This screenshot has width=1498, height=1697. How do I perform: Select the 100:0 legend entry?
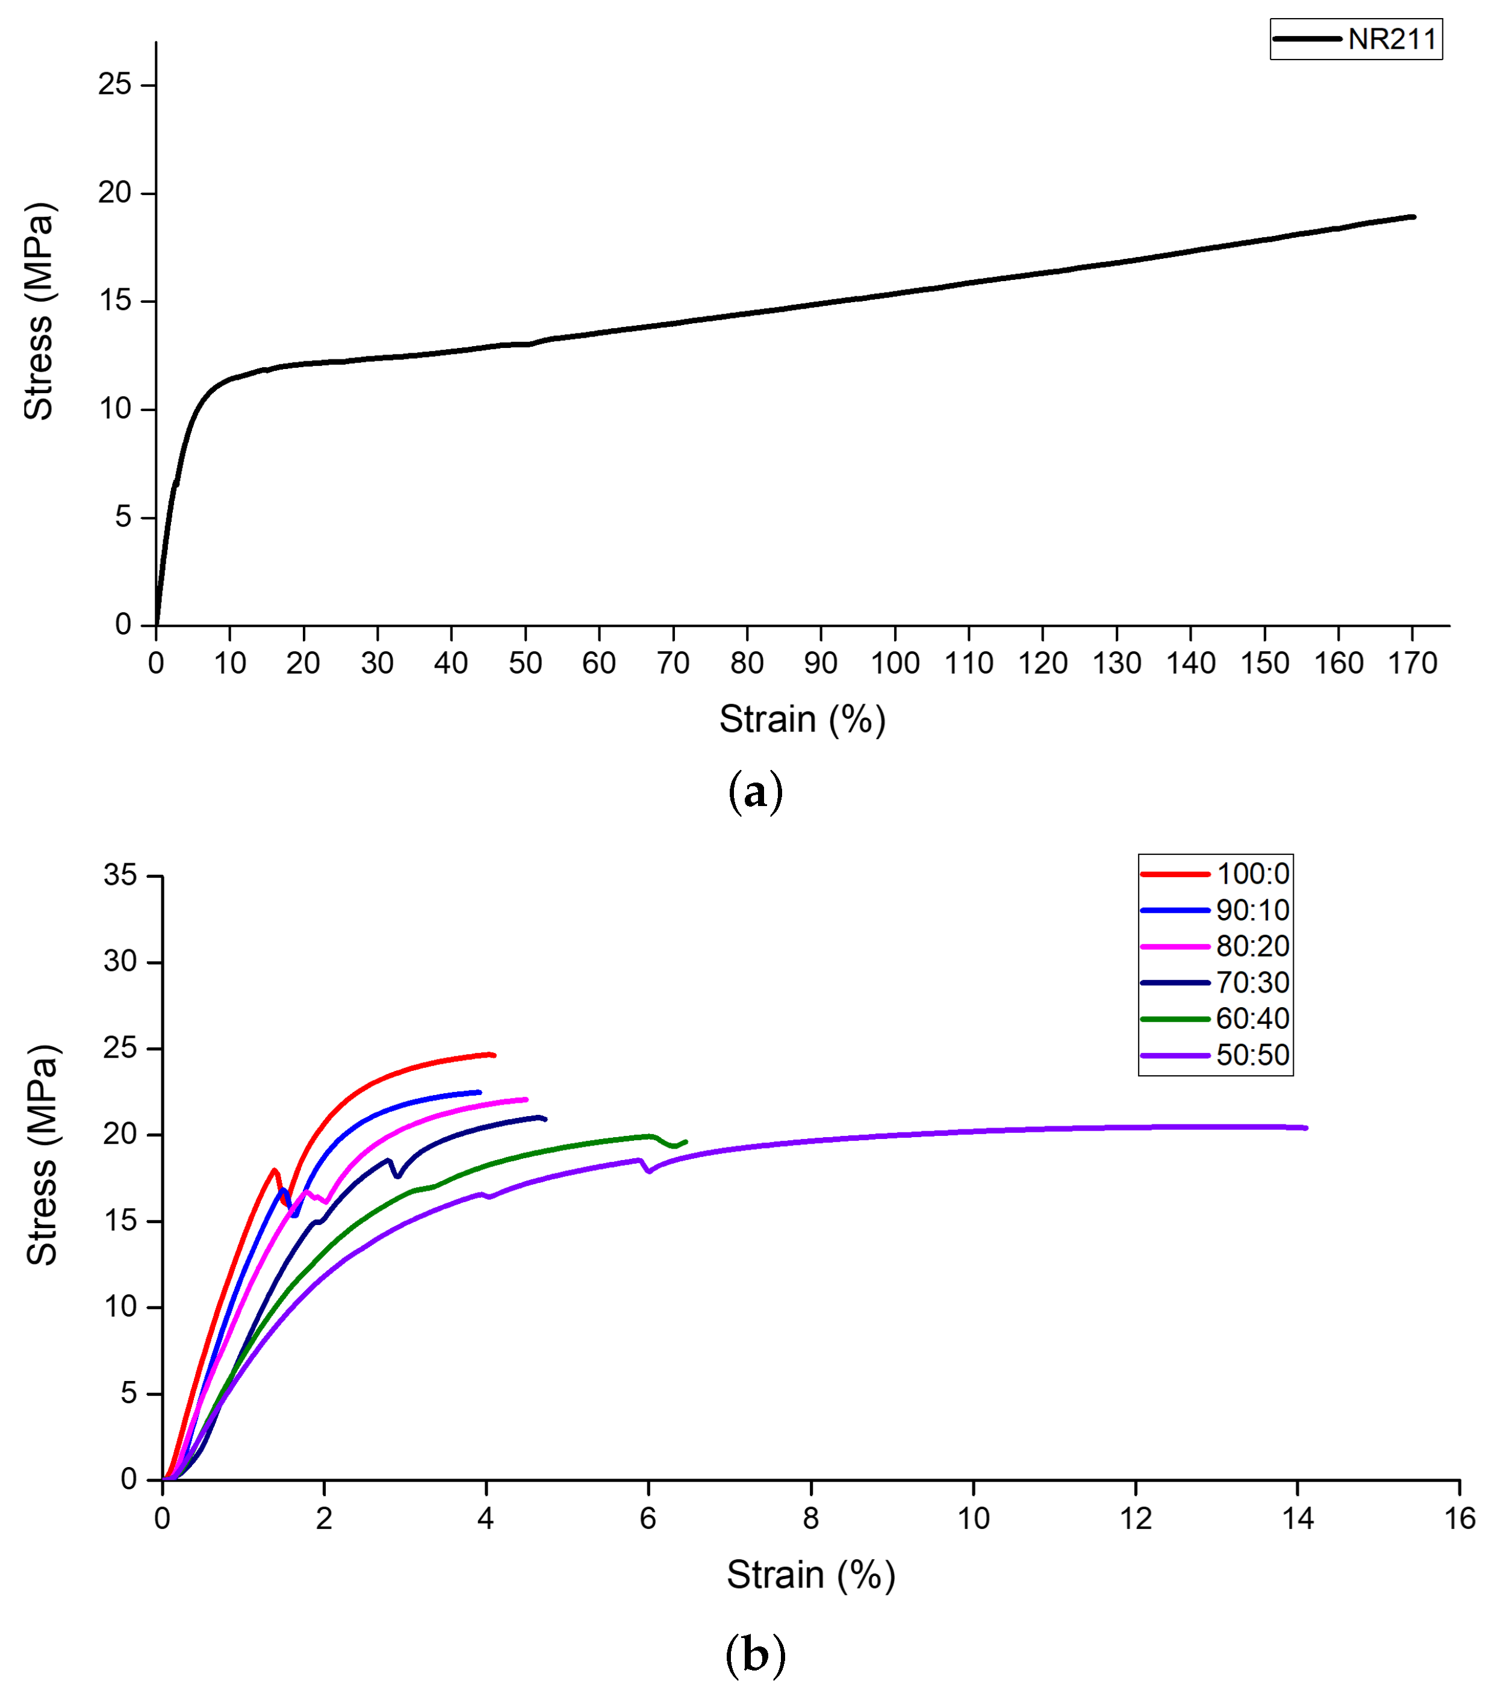1252,874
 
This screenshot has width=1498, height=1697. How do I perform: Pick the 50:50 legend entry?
1252,1055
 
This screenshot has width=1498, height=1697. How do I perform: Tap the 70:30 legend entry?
1252,983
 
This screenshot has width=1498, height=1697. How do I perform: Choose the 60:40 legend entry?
1252,1019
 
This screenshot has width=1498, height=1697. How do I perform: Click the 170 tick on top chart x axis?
1412,663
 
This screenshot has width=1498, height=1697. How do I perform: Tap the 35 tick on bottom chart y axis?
120,875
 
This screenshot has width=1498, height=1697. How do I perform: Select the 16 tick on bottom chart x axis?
1459,1519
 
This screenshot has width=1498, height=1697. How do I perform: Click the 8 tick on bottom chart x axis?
810,1519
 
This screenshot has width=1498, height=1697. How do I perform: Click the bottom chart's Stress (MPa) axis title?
42,1155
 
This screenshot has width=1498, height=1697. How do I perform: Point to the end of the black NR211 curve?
1413,217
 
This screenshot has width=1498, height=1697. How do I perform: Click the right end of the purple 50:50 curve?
1306,1128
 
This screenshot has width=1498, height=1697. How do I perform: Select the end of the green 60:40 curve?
686,1141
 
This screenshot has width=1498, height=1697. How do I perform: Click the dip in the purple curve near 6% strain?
648,1171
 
